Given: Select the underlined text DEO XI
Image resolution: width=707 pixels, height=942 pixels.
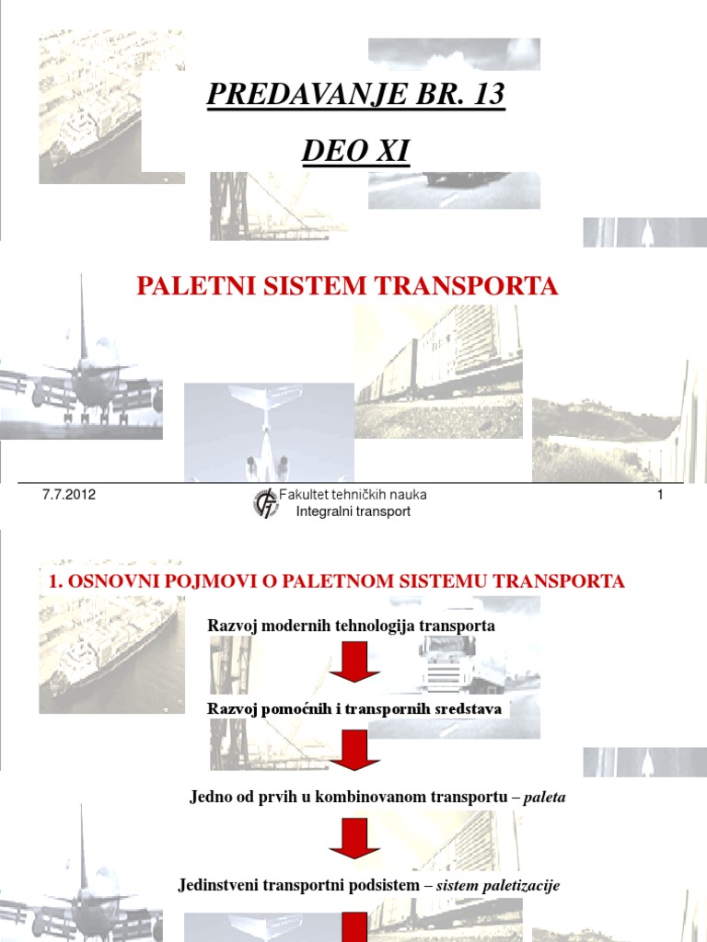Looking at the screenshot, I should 354,151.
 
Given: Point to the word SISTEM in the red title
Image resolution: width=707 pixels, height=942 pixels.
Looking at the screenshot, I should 304,286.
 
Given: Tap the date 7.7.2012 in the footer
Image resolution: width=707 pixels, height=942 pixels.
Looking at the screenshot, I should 69,496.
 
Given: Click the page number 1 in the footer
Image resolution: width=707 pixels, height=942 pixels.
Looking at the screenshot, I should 660,496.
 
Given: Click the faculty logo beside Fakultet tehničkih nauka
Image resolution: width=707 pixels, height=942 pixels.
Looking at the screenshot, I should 266,503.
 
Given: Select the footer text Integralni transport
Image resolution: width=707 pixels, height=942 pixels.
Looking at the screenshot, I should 353,511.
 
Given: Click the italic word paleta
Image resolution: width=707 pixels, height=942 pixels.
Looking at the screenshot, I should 544,798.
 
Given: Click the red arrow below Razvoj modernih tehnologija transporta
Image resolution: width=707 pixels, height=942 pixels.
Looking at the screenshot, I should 354,662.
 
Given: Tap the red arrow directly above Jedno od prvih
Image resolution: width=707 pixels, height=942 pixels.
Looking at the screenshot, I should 354,750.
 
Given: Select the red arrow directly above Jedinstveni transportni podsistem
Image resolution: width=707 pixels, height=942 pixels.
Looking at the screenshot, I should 354,838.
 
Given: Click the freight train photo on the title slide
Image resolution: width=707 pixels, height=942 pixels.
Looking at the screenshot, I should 440,368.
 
